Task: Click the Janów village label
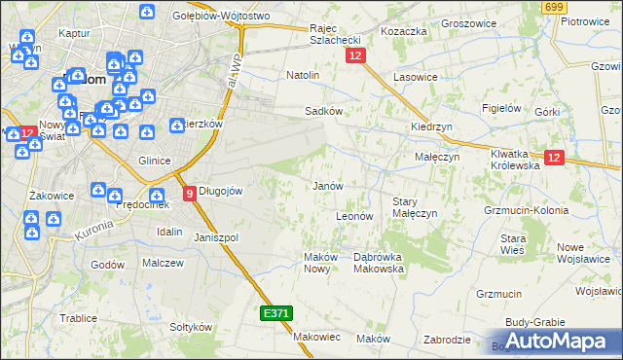(326, 186)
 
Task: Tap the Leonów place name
(354, 216)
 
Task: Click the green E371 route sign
(275, 313)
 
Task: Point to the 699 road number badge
(555, 7)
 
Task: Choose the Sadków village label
(323, 111)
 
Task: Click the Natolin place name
(303, 74)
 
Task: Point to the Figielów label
(503, 108)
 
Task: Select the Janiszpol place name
(216, 237)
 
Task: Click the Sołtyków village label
(191, 327)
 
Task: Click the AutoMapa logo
(557, 342)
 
